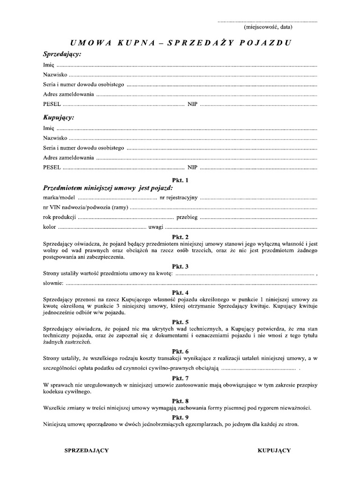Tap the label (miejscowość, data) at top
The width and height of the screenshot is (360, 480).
[x=268, y=27]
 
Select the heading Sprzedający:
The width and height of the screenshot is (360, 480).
[x=62, y=54]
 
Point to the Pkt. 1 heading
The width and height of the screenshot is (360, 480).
[x=180, y=180]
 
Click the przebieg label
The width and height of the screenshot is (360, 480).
[x=187, y=217]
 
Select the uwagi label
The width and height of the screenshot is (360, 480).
[x=155, y=227]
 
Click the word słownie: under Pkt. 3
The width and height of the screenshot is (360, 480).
[x=52, y=283]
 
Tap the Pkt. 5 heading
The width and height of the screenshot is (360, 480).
[x=180, y=322]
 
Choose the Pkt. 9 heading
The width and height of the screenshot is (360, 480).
[x=180, y=417]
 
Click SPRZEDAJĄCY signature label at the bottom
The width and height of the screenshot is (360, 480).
[x=86, y=450]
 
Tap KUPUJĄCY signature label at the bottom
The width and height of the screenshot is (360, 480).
[x=274, y=450]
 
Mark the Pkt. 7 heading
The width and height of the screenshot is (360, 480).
[x=180, y=378]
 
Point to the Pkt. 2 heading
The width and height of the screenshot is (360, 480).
[x=180, y=237]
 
